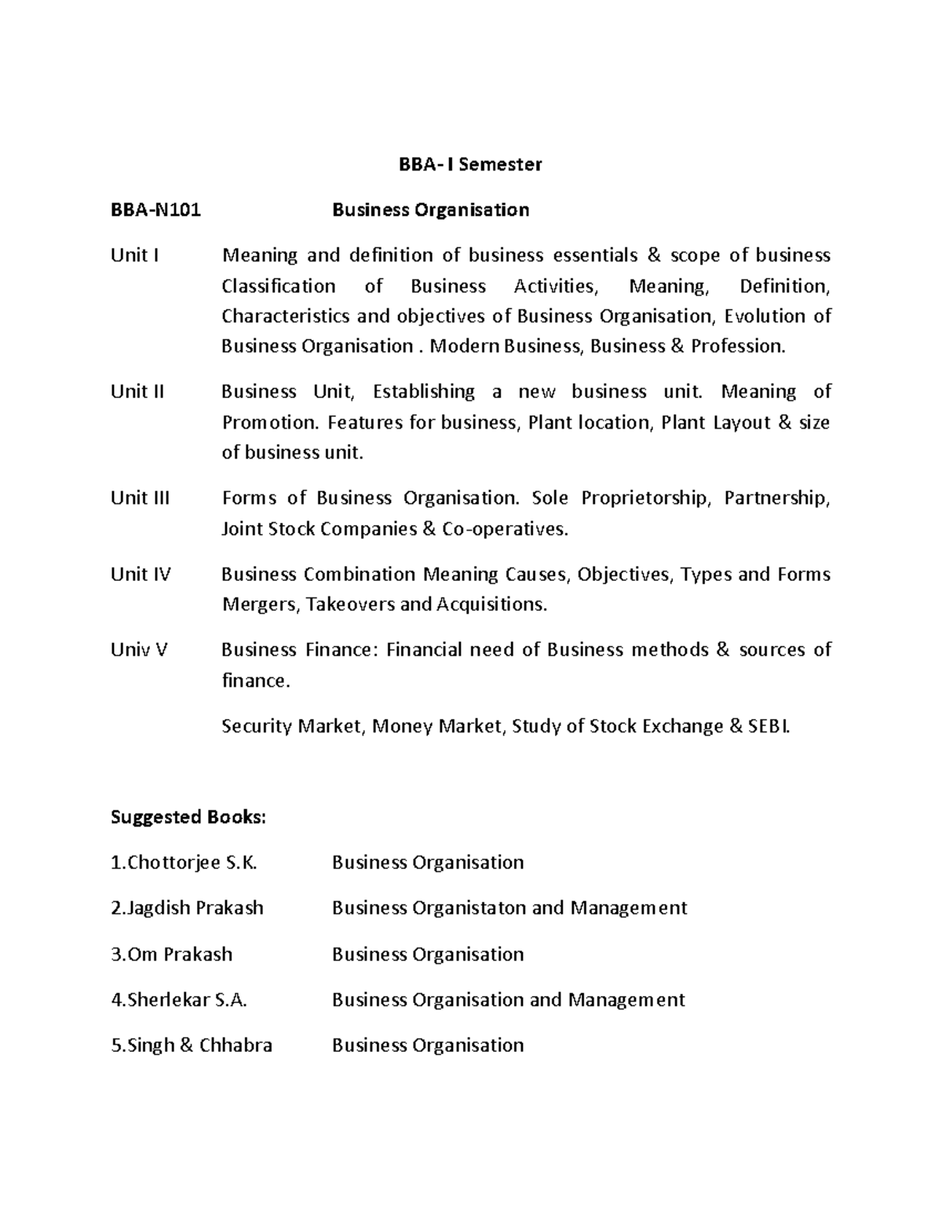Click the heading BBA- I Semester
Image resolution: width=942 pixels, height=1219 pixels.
click(x=470, y=164)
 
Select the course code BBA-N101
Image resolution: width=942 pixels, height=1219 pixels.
click(x=155, y=210)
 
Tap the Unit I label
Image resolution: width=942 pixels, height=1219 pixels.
click(x=135, y=255)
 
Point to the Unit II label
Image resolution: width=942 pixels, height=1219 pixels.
click(x=137, y=392)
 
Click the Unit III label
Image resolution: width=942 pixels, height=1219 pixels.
click(x=140, y=498)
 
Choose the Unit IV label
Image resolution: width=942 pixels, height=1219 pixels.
click(x=141, y=574)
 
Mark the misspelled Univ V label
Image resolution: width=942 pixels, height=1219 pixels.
click(x=139, y=649)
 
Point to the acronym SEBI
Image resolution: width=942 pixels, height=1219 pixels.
click(x=770, y=726)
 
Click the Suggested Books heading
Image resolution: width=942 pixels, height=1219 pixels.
click(x=188, y=817)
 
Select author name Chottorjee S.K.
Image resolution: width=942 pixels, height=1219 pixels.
click(x=184, y=863)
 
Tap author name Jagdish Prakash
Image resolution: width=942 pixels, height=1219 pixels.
click(x=188, y=908)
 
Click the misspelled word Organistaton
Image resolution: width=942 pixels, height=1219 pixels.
click(x=469, y=908)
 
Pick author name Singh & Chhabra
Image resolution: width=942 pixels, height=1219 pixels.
click(x=192, y=1045)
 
